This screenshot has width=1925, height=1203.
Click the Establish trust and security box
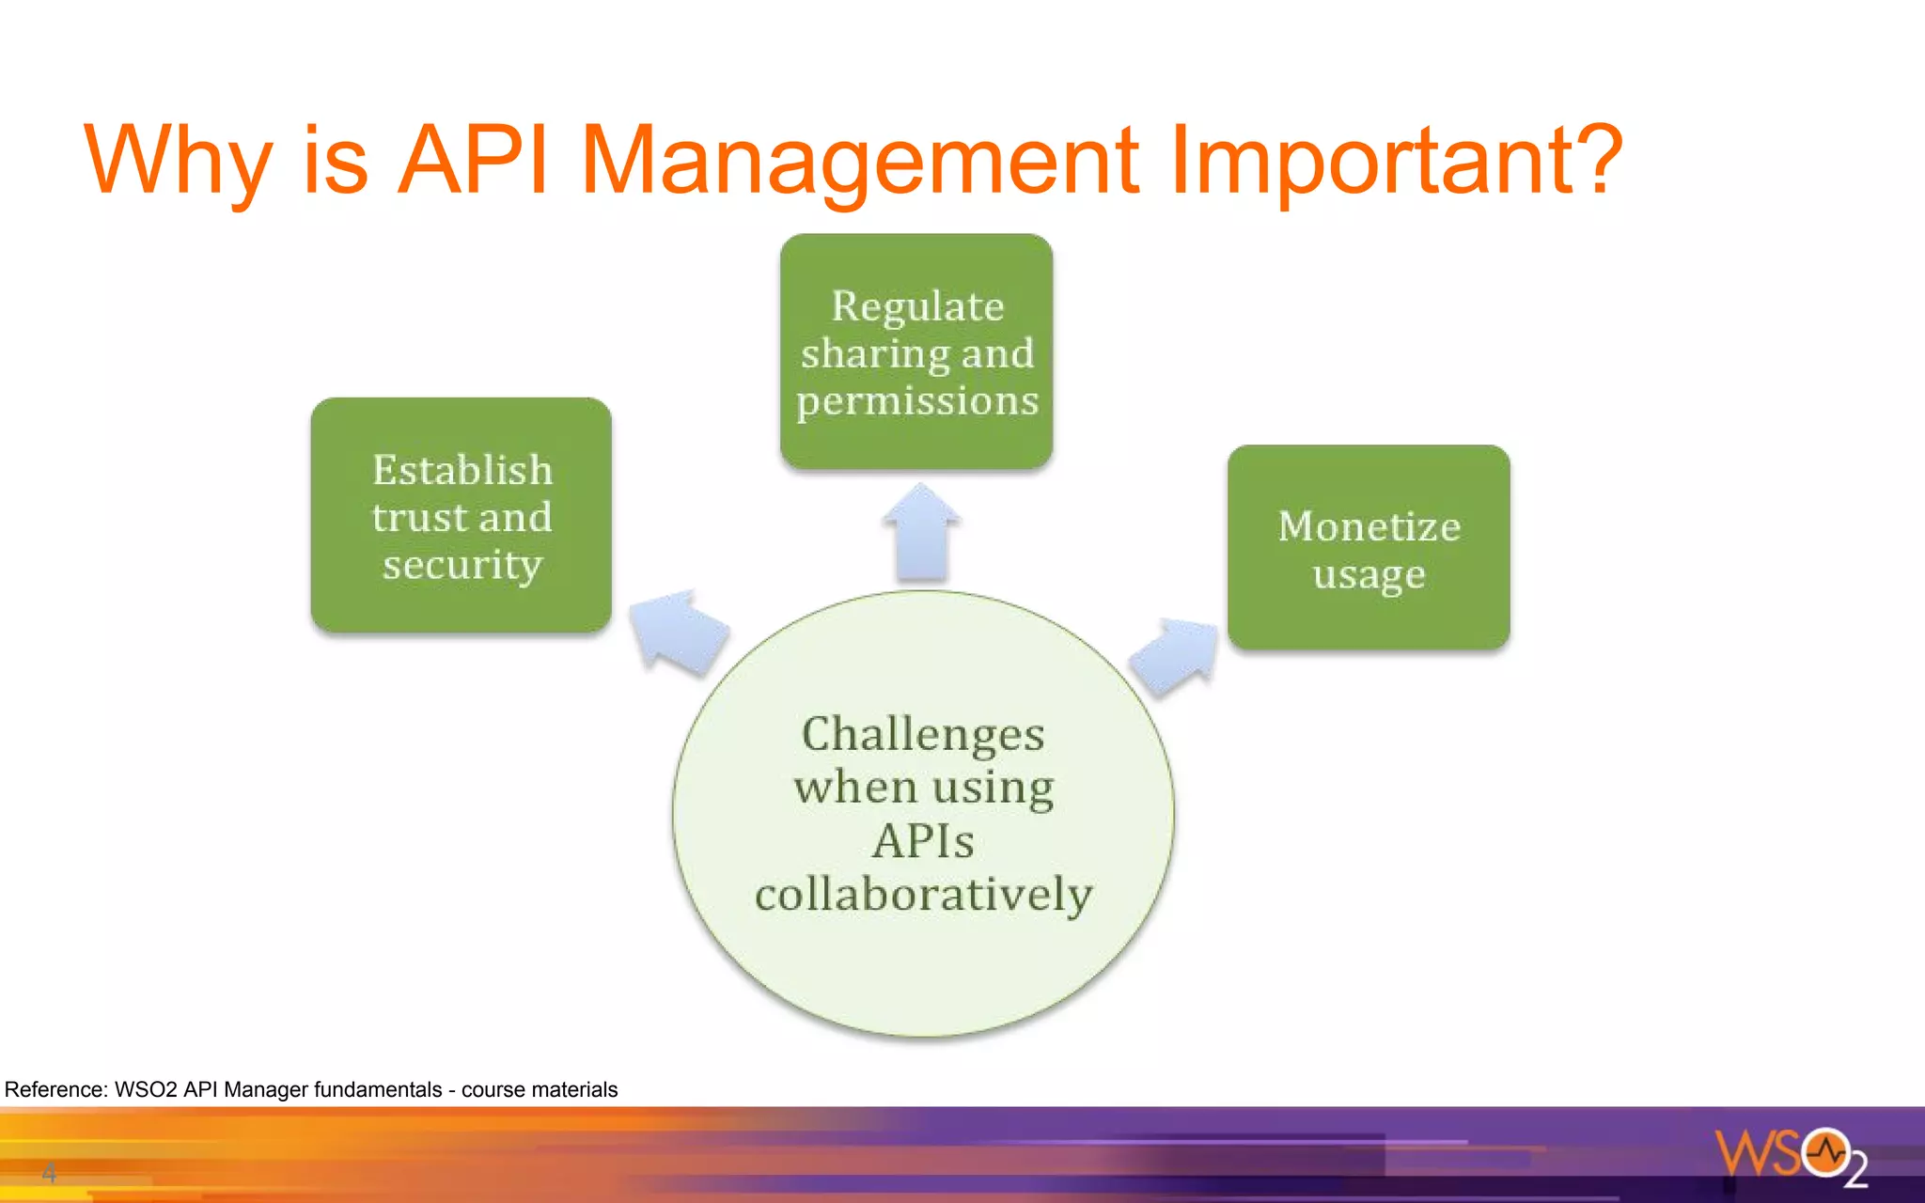461,515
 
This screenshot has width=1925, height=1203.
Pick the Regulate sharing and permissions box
916,352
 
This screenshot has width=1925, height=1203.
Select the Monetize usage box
1369,547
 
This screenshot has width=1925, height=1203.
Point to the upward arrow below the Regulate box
921,534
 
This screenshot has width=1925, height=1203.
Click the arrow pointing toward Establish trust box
679,632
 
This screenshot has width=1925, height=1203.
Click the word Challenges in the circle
923,734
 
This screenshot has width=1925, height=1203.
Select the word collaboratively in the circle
923,894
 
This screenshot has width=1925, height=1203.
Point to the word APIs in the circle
923,840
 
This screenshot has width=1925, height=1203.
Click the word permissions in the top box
917,401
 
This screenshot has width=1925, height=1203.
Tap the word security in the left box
462,565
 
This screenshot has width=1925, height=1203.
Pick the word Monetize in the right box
1369,526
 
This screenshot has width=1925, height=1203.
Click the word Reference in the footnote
55,1089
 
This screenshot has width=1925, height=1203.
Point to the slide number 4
49,1173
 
